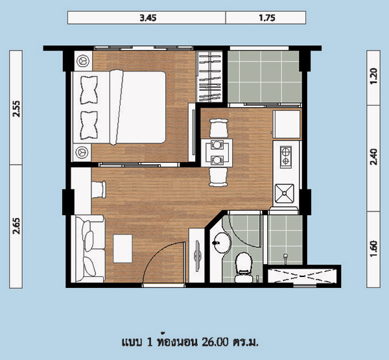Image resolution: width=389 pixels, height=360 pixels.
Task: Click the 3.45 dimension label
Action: [x=148, y=18]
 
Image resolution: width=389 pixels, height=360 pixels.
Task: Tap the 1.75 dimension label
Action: [x=267, y=18]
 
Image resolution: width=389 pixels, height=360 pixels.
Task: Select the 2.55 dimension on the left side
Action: [x=16, y=109]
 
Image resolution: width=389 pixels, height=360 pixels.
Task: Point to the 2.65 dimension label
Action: [x=16, y=226]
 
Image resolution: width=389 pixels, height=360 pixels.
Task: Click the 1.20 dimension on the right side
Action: [x=373, y=77]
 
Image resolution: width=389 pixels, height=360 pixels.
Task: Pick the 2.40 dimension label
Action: [x=373, y=157]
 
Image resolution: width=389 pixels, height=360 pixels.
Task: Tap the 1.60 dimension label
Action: [x=373, y=249]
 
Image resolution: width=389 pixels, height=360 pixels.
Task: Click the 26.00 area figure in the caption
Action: [x=215, y=342]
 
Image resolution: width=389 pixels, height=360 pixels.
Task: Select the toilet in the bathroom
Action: [x=244, y=267]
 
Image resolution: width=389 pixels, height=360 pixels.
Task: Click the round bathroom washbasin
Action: [x=222, y=243]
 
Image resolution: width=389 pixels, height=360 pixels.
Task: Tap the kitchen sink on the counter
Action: [x=285, y=193]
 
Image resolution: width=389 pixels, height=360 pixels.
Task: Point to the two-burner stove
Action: [x=286, y=157]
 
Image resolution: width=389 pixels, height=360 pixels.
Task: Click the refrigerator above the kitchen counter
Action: [x=287, y=124]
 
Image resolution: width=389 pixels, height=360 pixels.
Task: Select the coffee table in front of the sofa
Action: [x=123, y=248]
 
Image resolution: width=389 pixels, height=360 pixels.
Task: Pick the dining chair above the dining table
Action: [x=218, y=128]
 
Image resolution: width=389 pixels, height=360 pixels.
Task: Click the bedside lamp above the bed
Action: [x=82, y=61]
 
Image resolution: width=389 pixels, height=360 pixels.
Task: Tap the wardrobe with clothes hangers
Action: [x=209, y=77]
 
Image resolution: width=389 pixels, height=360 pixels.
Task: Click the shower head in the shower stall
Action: [x=285, y=256]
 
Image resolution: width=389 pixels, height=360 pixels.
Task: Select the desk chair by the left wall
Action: [x=99, y=189]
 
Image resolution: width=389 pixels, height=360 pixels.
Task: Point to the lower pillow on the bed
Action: [x=89, y=125]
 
